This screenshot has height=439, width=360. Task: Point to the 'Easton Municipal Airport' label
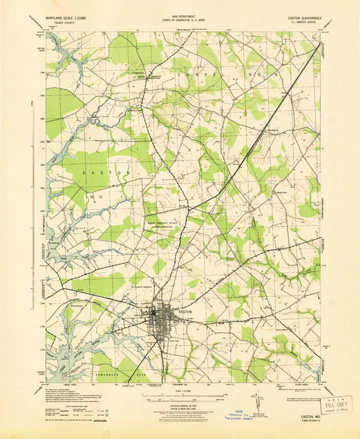[165, 227]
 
